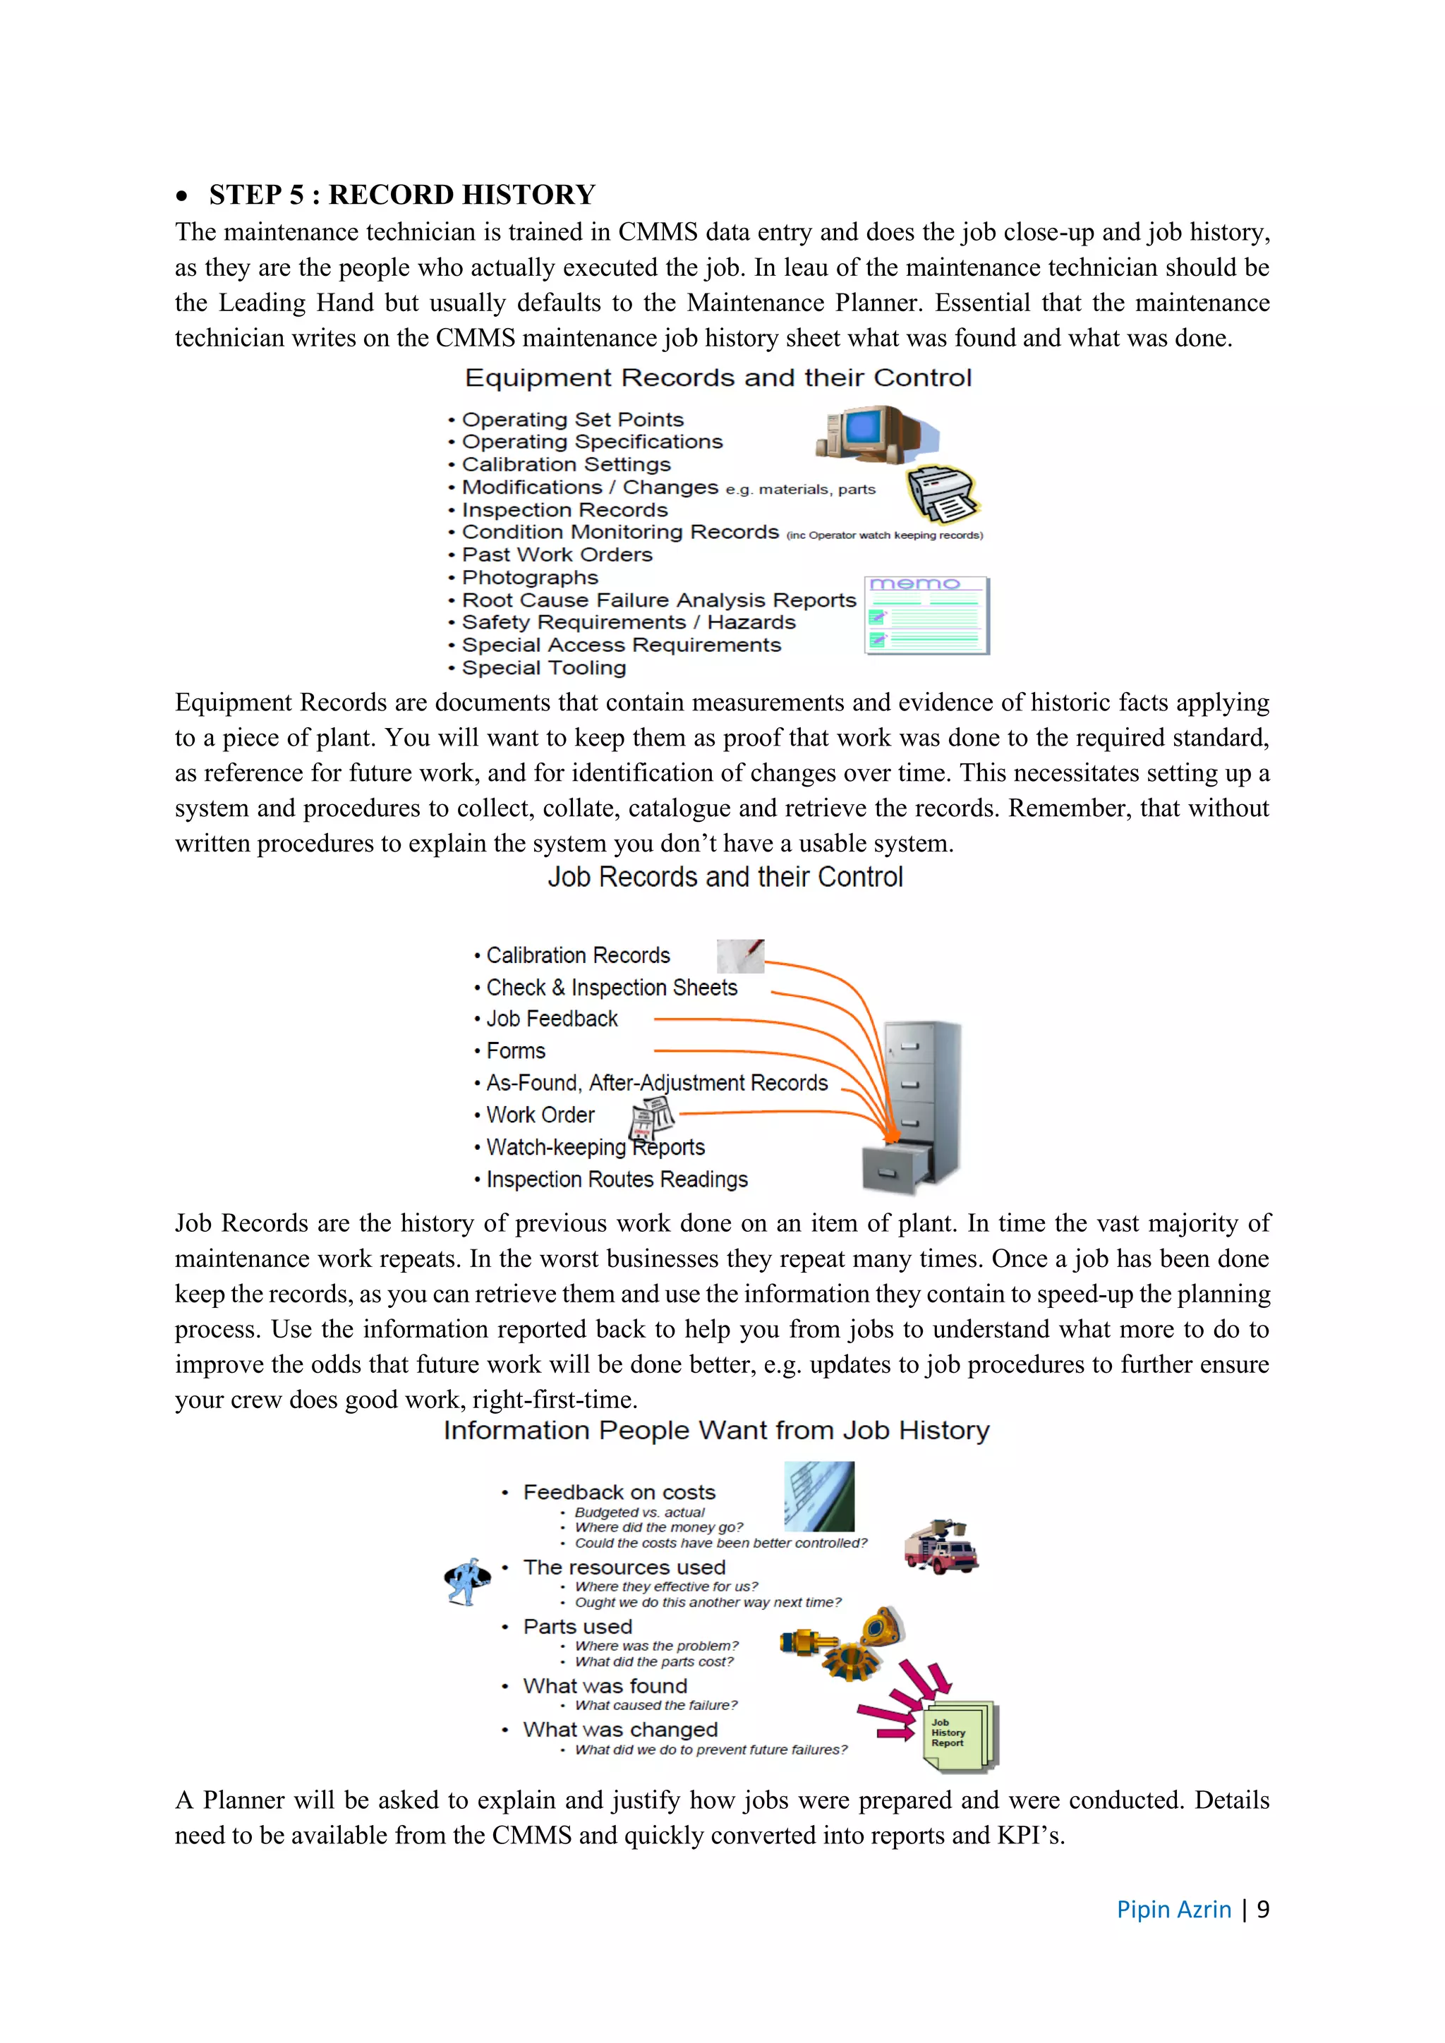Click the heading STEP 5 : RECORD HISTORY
[401, 195]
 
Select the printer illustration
[943, 494]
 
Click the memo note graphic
[926, 616]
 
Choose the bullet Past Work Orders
[556, 554]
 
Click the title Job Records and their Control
[725, 878]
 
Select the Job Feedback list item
[551, 1019]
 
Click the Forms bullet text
[515, 1051]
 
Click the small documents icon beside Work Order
[651, 1118]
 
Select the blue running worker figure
[467, 1581]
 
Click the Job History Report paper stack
[960, 1735]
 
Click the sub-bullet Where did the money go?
[658, 1527]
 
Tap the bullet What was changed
[619, 1729]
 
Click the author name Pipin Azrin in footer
[1173, 1910]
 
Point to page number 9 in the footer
[1262, 1910]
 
